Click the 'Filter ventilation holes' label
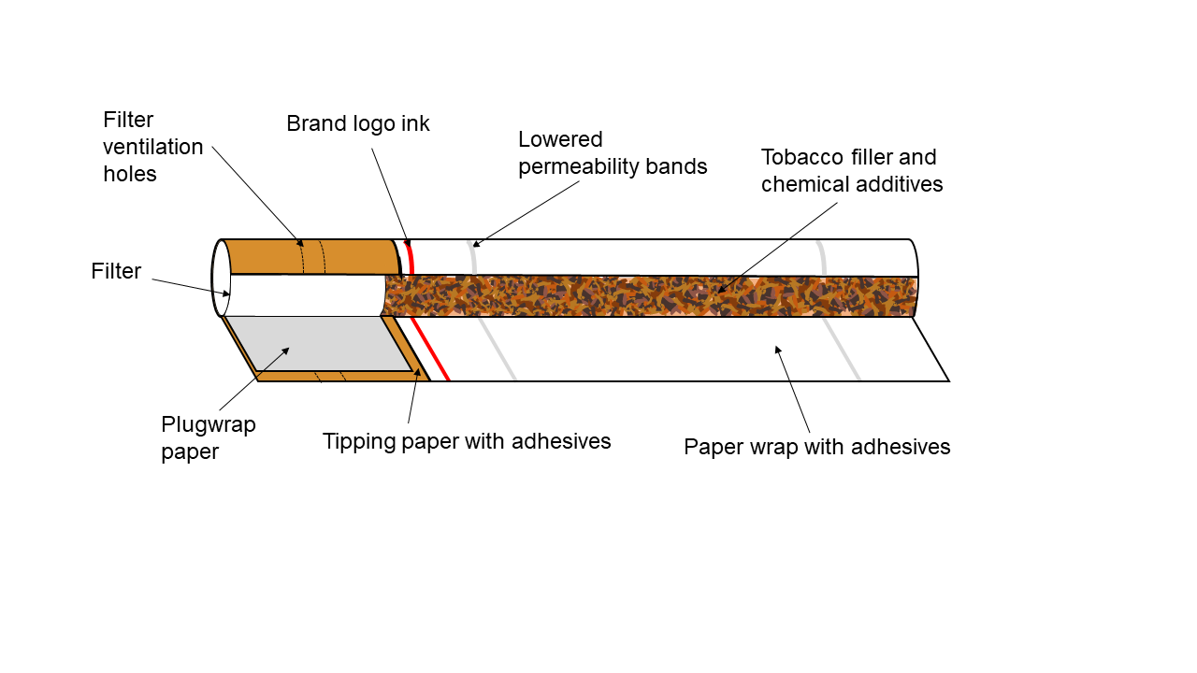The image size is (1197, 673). [152, 147]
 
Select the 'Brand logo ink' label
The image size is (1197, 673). [357, 124]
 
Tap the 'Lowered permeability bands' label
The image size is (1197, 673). [613, 153]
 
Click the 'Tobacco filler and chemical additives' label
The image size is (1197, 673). [851, 170]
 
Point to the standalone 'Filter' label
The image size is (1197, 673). [116, 272]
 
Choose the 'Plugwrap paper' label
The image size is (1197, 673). [208, 437]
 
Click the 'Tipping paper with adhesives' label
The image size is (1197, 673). [467, 441]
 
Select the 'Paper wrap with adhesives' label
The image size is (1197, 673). [816, 447]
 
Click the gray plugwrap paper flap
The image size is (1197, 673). [318, 343]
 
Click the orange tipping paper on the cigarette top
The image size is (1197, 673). [309, 257]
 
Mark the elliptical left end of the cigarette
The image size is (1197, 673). [221, 279]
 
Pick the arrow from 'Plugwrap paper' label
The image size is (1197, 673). [253, 379]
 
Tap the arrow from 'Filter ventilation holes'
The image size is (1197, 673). [257, 195]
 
